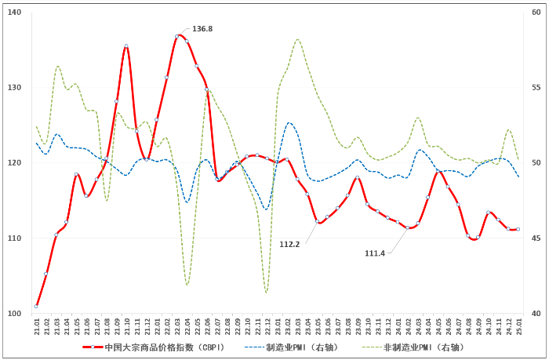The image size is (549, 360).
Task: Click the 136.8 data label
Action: coord(202,29)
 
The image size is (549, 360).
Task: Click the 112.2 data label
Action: coord(289,244)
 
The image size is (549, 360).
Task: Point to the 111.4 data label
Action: coord(375,253)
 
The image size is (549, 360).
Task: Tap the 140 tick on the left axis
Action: coord(16,13)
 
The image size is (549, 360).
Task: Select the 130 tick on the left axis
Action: coord(16,88)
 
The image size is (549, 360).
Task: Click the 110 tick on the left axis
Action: coord(16,238)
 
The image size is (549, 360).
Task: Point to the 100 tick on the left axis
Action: coord(16,314)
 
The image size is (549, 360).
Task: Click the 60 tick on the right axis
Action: coord(536,13)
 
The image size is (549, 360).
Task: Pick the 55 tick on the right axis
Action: coord(536,88)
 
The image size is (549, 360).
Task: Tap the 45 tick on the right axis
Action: coord(536,238)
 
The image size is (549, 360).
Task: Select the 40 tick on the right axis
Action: coord(536,314)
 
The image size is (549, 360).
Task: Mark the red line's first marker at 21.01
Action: coord(36,306)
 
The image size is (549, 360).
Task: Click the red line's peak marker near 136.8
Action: coord(176,36)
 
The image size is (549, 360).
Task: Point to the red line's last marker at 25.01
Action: coord(518,229)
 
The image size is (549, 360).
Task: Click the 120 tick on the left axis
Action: coord(16,163)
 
